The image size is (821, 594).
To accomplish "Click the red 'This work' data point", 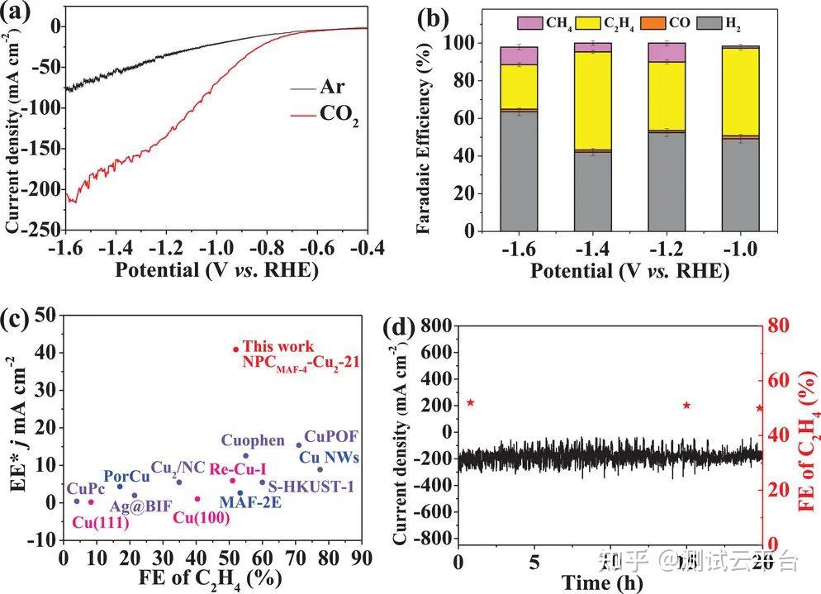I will pyautogui.click(x=235, y=349).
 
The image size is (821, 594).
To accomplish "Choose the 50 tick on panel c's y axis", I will pyautogui.click(x=50, y=315).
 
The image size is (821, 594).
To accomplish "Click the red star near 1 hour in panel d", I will pyautogui.click(x=471, y=402).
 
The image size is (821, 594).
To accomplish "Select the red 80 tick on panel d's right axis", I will pyautogui.click(x=782, y=326).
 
